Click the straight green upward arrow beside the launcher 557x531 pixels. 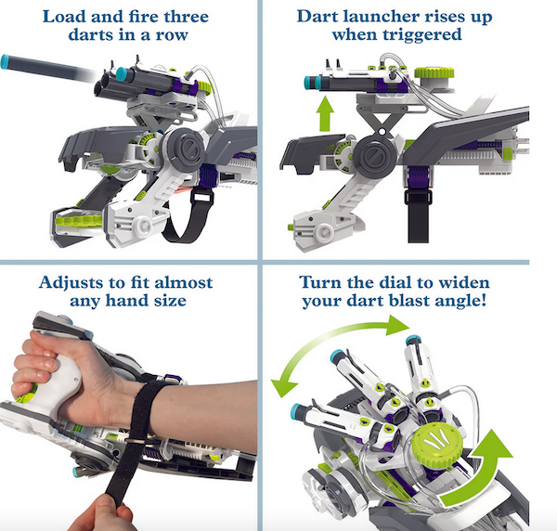[325, 114]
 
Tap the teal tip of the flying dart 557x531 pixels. [5, 61]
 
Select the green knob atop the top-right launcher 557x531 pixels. [434, 72]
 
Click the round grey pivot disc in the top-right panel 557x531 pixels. [374, 155]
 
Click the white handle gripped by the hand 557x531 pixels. [60, 383]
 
